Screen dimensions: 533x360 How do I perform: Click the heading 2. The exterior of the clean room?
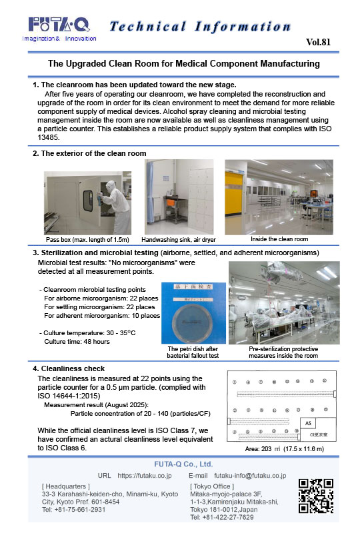click(90, 153)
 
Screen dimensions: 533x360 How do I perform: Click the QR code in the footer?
click(315, 496)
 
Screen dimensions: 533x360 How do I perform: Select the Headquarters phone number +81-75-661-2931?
click(73, 510)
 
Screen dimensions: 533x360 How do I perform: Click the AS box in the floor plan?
click(308, 422)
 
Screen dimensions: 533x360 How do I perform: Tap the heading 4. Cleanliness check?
click(69, 368)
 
